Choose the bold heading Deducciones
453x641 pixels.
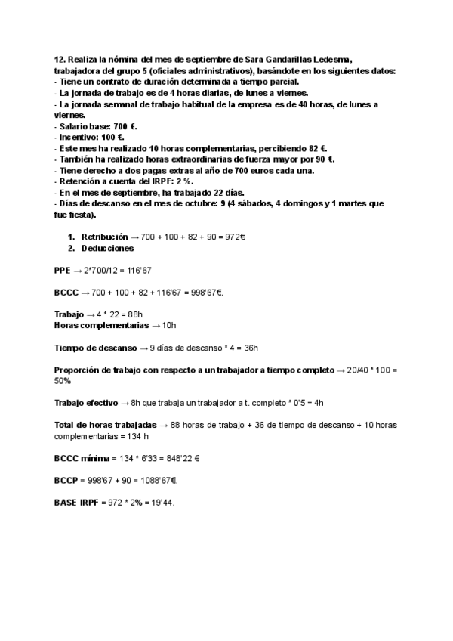[108, 248]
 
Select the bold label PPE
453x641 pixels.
[63, 270]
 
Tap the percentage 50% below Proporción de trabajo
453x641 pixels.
[63, 381]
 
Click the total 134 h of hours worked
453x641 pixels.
[136, 436]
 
